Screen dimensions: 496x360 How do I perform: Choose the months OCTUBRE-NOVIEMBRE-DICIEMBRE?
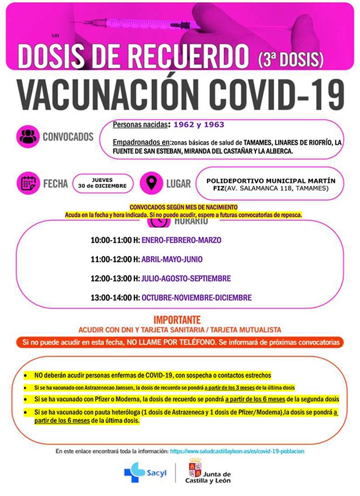coord(196,297)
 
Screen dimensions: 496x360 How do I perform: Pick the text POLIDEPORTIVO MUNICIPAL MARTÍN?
coord(271,181)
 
